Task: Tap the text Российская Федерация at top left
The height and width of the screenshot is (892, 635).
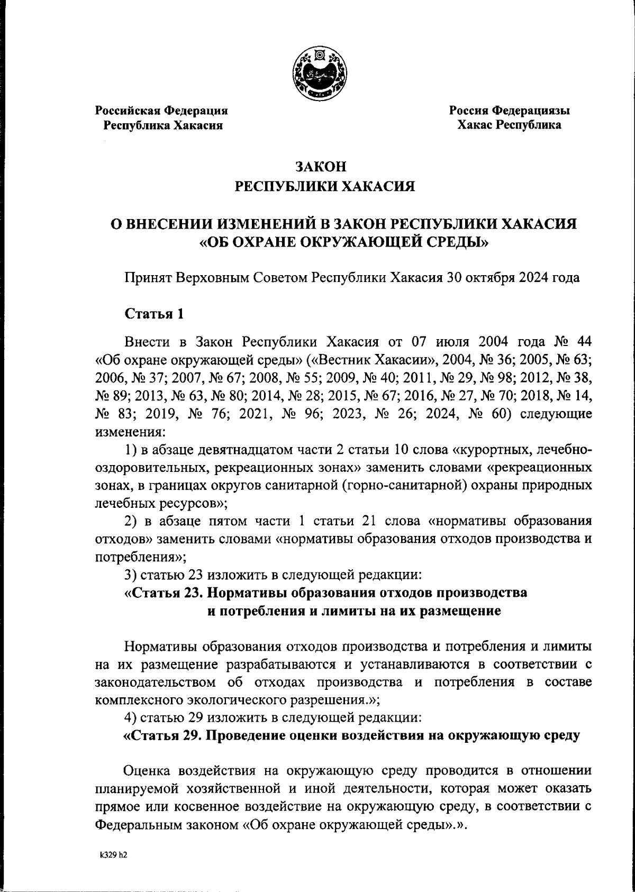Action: coord(161,111)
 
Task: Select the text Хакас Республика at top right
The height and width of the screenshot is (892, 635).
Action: coord(509,125)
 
